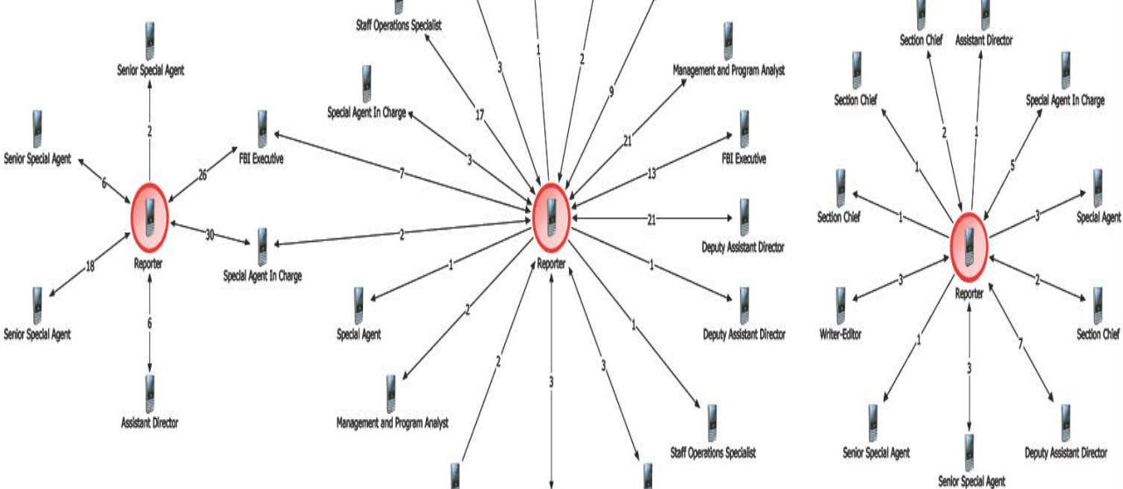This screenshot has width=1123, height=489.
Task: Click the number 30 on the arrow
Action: click(210, 234)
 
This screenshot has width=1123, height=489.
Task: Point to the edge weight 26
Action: click(203, 175)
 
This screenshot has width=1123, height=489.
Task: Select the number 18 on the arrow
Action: click(90, 266)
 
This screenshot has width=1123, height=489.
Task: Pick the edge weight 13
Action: click(651, 174)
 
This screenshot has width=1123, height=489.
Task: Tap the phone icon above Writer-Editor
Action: click(842, 303)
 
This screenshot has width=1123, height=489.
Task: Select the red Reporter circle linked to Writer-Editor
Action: click(970, 242)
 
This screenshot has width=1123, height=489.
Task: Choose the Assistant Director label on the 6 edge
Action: click(150, 423)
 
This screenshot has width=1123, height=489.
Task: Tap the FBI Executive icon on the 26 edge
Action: click(261, 128)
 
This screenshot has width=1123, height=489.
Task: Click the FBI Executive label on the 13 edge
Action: click(743, 159)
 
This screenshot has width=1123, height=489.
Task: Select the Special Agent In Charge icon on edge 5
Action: click(1065, 66)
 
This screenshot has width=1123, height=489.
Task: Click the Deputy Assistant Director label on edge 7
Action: click(1065, 453)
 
